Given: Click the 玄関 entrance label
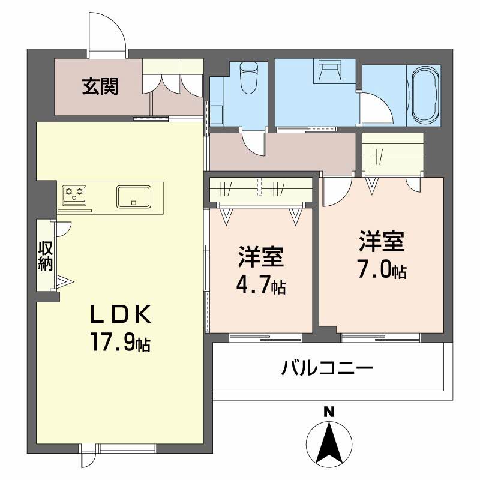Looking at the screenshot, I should pos(100,88).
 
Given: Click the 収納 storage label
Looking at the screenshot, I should pos(46,255).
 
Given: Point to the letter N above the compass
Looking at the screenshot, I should pos(328,412).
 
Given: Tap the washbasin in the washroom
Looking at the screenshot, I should pos(329,70).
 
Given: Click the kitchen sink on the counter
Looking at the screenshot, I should pos(134,196).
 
